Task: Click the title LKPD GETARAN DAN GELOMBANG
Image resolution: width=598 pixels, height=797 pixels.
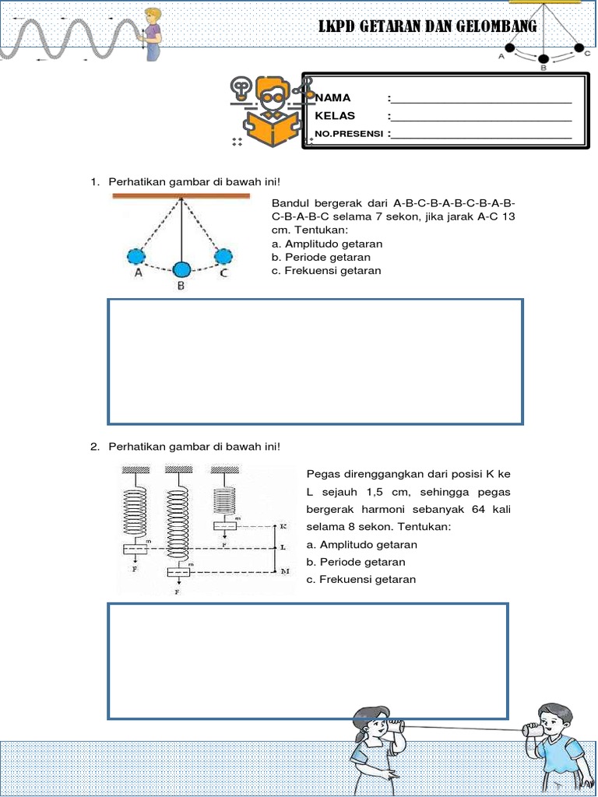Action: pyautogui.click(x=427, y=27)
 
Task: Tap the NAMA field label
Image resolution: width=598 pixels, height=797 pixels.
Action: pyautogui.click(x=332, y=97)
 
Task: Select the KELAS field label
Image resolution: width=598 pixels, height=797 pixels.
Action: pyautogui.click(x=335, y=115)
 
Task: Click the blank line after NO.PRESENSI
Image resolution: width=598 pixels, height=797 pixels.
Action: pyautogui.click(x=482, y=134)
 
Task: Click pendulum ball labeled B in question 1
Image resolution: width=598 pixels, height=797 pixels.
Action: pyautogui.click(x=181, y=269)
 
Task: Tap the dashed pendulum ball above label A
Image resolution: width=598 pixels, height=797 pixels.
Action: pyautogui.click(x=136, y=256)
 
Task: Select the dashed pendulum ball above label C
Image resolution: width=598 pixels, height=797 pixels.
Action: pyautogui.click(x=223, y=256)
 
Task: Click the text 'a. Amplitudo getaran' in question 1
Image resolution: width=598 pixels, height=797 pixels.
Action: pyautogui.click(x=327, y=244)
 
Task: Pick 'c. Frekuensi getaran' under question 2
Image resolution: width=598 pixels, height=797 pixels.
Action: pyautogui.click(x=361, y=579)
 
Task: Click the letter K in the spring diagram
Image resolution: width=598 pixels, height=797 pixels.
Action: pyautogui.click(x=283, y=526)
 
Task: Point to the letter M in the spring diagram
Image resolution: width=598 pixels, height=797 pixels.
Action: pyautogui.click(x=284, y=571)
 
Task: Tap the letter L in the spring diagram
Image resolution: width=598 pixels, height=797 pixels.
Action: pyautogui.click(x=283, y=548)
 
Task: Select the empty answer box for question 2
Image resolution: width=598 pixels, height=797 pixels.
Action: pyautogui.click(x=308, y=660)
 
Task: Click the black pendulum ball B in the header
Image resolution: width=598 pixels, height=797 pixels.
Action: pyautogui.click(x=543, y=59)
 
